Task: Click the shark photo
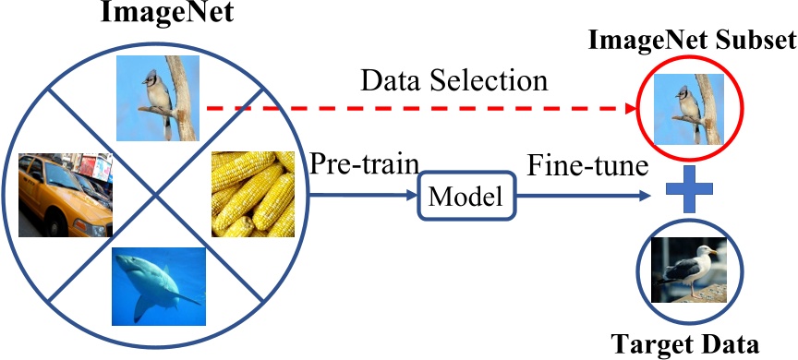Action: tap(156, 281)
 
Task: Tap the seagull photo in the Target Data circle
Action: tap(688, 269)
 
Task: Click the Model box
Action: tap(466, 196)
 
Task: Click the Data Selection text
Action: tap(453, 80)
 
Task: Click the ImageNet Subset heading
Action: tap(691, 42)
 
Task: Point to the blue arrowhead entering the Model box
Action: tap(416, 196)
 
